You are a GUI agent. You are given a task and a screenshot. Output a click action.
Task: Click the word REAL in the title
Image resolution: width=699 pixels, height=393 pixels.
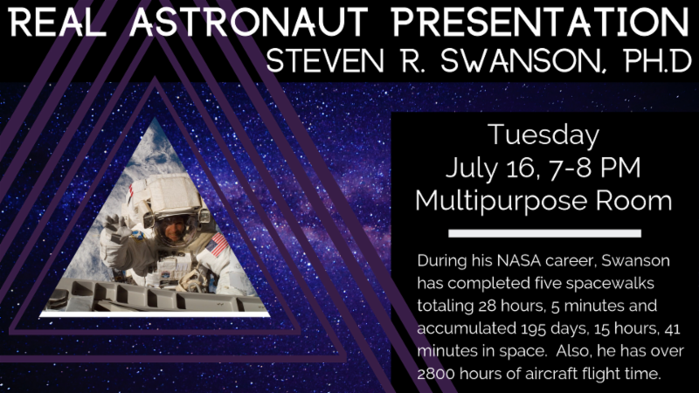[x=57, y=23]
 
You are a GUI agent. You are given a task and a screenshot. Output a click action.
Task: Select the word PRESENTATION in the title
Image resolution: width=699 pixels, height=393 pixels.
[x=541, y=23]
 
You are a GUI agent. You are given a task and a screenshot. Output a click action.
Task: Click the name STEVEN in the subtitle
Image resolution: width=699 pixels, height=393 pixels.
[x=324, y=60]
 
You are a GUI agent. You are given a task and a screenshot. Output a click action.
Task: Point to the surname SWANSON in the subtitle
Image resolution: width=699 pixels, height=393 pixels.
[x=519, y=60]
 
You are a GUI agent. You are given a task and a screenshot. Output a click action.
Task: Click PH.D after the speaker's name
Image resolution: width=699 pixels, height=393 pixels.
[x=657, y=60]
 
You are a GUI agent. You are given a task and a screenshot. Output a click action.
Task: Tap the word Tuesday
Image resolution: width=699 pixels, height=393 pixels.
[x=543, y=135]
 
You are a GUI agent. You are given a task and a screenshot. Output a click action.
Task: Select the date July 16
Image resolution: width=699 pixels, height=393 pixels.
[x=490, y=168]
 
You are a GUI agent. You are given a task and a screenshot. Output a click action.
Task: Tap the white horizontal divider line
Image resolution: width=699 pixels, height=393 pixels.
[x=544, y=233]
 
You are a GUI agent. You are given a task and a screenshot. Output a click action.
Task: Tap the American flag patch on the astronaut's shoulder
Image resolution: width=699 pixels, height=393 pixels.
[x=217, y=245]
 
